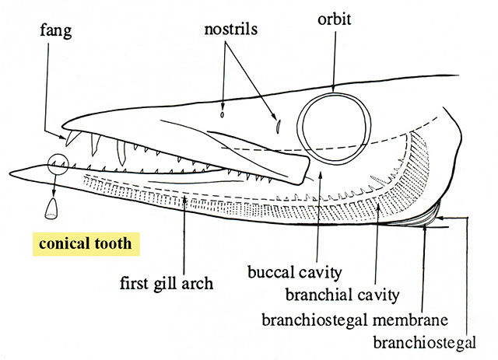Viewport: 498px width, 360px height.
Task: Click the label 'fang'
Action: (x=56, y=31)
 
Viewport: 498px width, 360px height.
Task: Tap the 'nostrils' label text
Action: (x=231, y=30)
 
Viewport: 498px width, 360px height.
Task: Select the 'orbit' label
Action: (x=335, y=19)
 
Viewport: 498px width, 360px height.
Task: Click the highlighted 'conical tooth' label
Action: (x=86, y=244)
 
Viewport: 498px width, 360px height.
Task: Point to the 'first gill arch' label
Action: (x=167, y=283)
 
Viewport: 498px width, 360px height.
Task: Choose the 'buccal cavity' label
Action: (x=294, y=272)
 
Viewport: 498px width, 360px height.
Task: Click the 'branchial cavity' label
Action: (x=342, y=295)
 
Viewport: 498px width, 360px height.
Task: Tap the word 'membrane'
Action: (x=410, y=320)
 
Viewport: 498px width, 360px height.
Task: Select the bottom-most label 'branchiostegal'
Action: (x=424, y=343)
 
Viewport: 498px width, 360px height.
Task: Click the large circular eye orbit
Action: (x=334, y=94)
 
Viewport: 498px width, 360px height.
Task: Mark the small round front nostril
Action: (x=223, y=114)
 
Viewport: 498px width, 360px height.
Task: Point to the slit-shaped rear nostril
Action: (x=278, y=126)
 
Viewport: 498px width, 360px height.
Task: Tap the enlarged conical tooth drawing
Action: (x=51, y=208)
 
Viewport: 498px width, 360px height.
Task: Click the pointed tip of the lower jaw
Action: (x=11, y=173)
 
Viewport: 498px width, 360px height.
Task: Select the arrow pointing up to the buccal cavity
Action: (x=319, y=218)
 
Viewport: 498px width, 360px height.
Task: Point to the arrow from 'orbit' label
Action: (x=334, y=60)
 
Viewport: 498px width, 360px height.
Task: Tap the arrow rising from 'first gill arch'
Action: (x=184, y=236)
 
